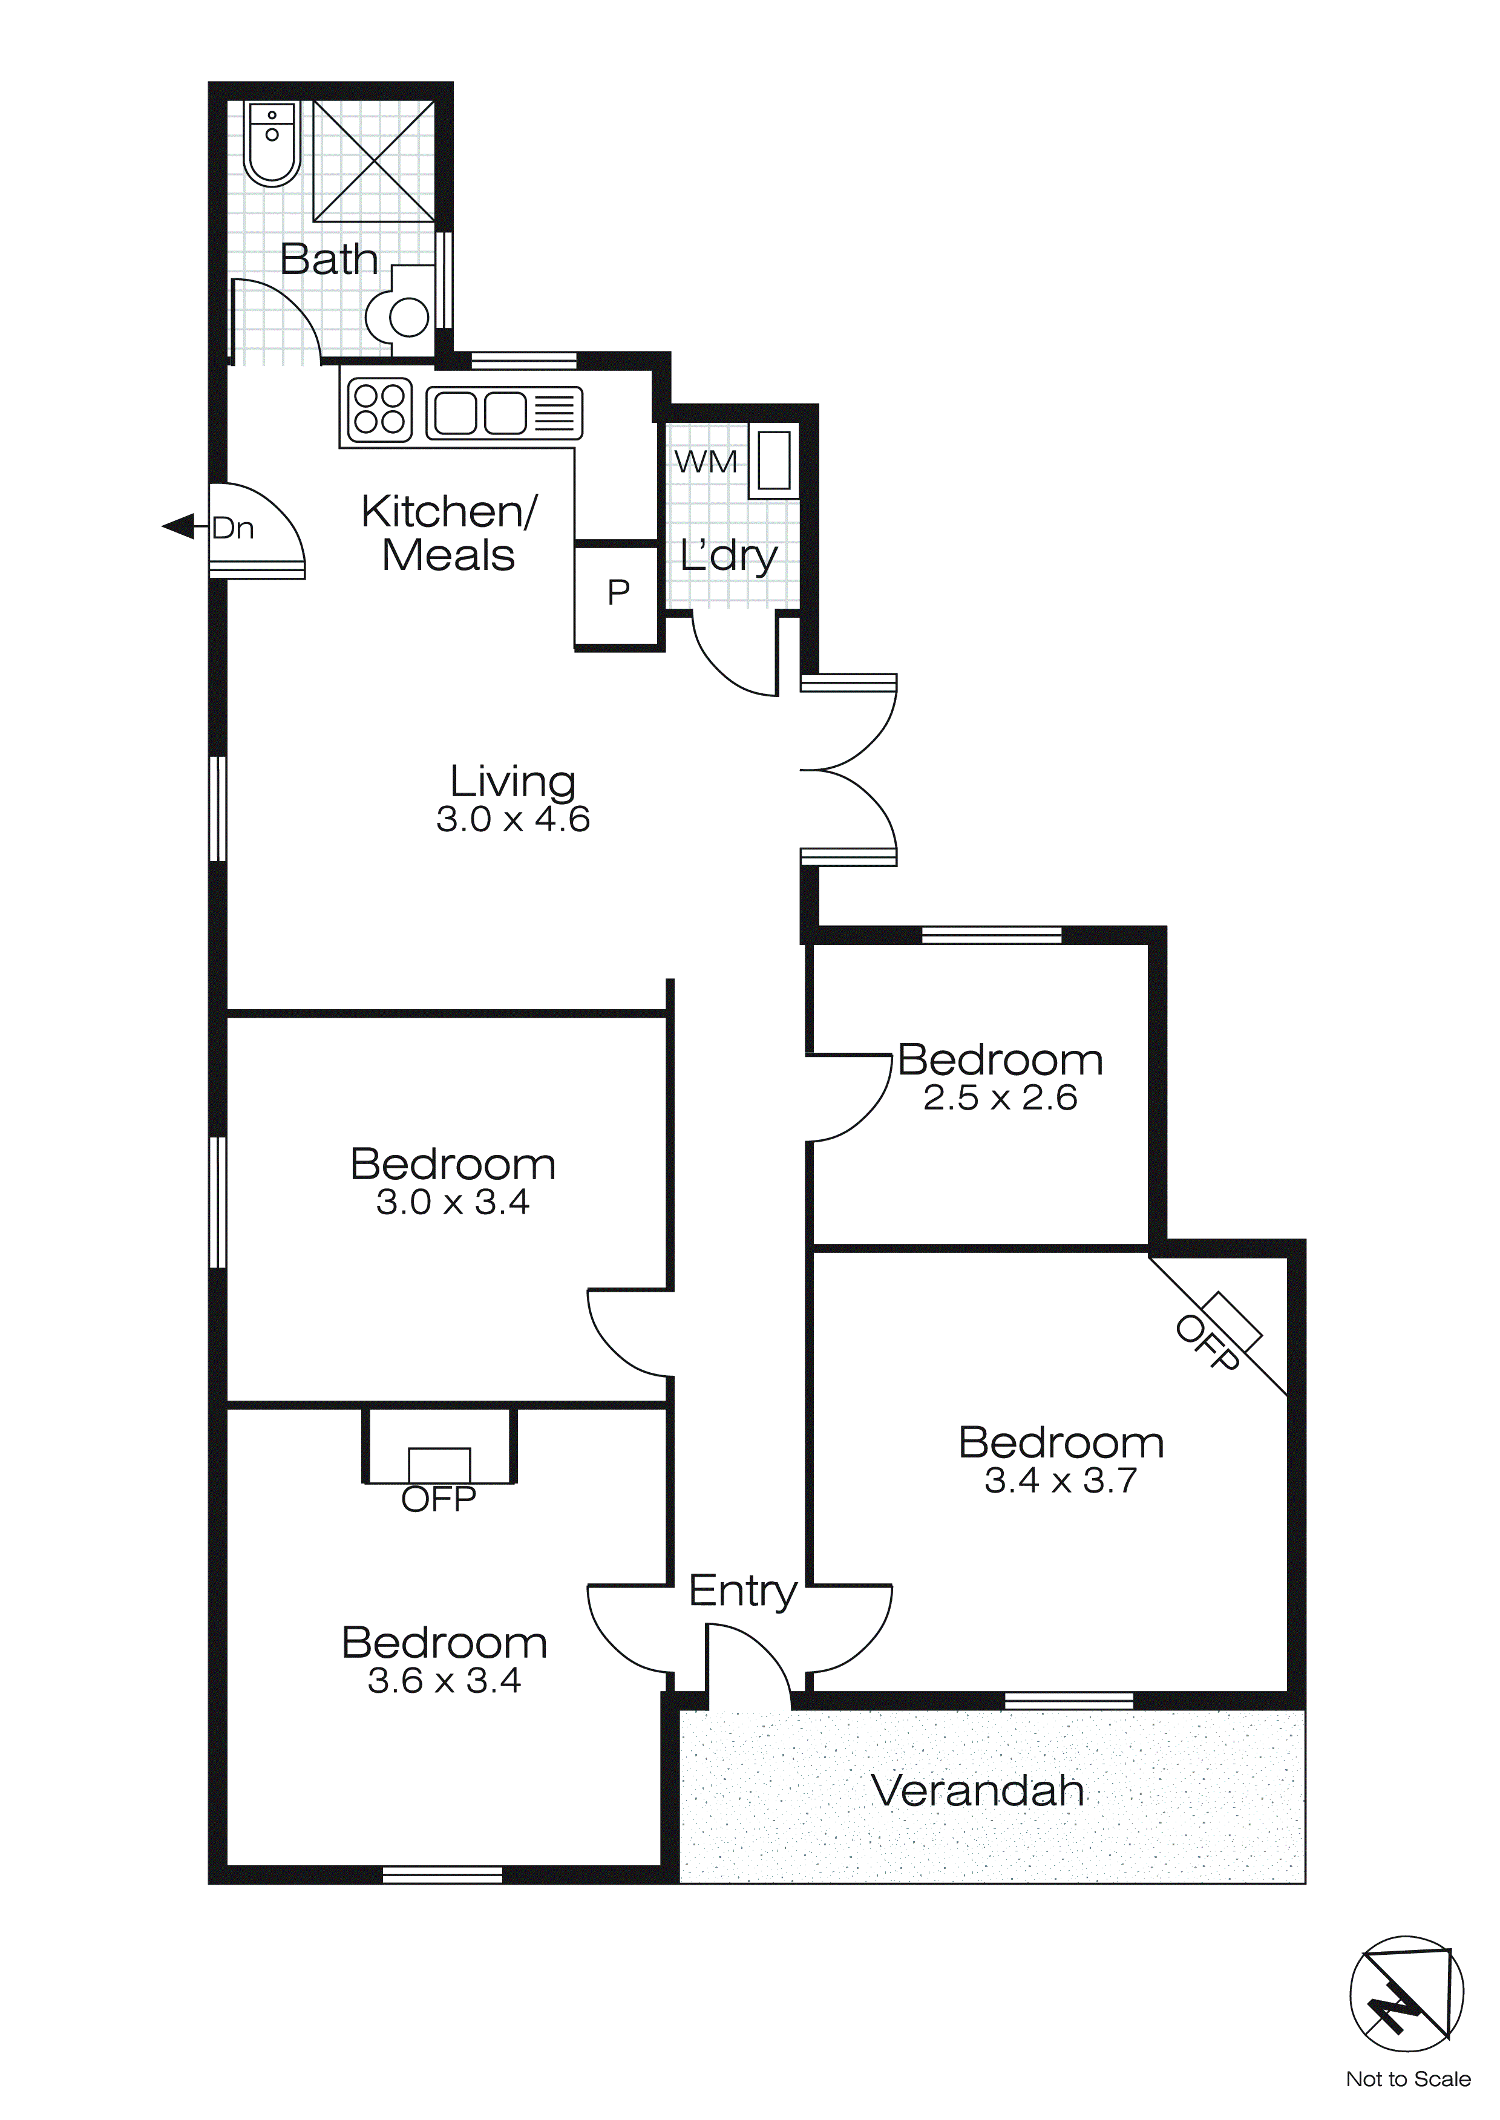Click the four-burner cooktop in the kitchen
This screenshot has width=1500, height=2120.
point(379,409)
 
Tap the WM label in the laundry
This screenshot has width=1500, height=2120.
point(706,462)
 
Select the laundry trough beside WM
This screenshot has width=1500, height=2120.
point(774,460)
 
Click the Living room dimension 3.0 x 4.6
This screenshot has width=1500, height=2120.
point(513,820)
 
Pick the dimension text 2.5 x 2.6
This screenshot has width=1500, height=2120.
point(1000,1098)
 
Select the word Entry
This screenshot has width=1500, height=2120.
point(742,1591)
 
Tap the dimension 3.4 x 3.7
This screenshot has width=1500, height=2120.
point(1060,1481)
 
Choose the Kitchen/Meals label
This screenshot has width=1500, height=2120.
point(449,534)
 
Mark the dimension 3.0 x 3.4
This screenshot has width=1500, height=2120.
point(453,1202)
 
